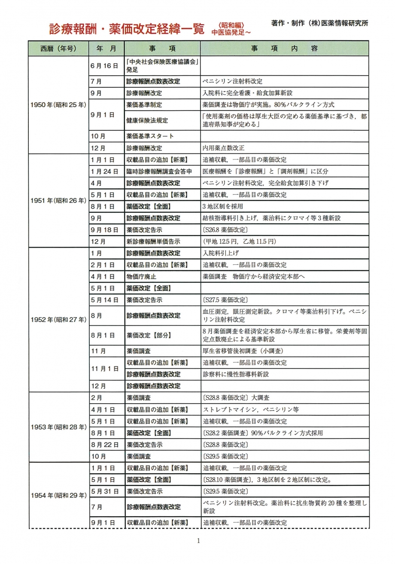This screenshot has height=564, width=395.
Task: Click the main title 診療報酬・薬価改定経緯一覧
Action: [127, 29]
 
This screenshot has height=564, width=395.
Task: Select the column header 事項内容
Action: [284, 49]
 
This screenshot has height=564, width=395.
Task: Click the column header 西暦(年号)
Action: [58, 49]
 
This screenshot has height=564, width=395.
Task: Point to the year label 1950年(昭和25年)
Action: [58, 104]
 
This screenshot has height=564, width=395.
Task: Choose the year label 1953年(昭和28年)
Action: [58, 427]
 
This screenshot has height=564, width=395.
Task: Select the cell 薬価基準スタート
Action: [150, 136]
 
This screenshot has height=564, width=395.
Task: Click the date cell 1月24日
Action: [103, 171]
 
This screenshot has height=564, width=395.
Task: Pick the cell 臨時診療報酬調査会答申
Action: [161, 171]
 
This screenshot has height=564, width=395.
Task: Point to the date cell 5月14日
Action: [104, 300]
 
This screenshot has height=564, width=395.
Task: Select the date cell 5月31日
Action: [104, 491]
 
